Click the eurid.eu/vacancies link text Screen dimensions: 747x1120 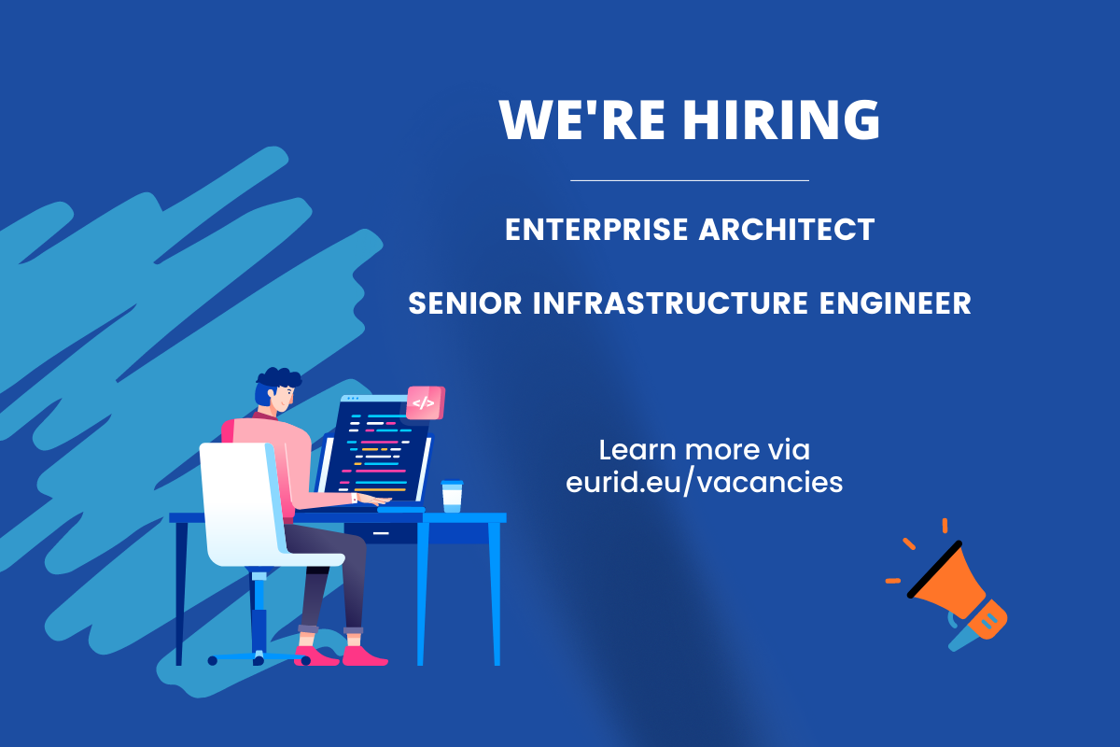[x=704, y=483]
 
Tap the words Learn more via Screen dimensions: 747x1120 [x=704, y=450]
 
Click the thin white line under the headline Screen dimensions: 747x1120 [x=689, y=180]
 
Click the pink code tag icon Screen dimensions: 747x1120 [x=425, y=403]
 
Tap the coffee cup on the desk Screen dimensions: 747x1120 [x=452, y=497]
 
